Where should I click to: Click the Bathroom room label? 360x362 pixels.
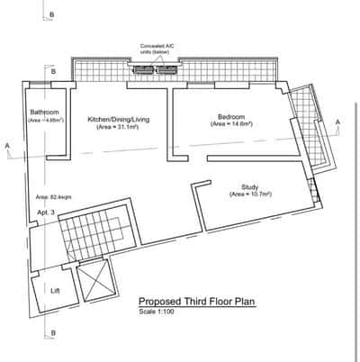pos(44,112)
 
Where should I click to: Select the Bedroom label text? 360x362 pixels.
pos(231,115)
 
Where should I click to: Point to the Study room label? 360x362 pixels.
pos(251,186)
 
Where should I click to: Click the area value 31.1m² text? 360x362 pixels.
pos(117,127)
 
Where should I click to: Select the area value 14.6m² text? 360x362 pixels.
pos(231,123)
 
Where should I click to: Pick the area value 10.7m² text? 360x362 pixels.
pos(251,194)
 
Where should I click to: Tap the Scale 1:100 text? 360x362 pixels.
pos(157,312)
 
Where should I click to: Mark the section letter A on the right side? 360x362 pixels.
pos(337,122)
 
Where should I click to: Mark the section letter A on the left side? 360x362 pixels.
pos(7,145)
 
